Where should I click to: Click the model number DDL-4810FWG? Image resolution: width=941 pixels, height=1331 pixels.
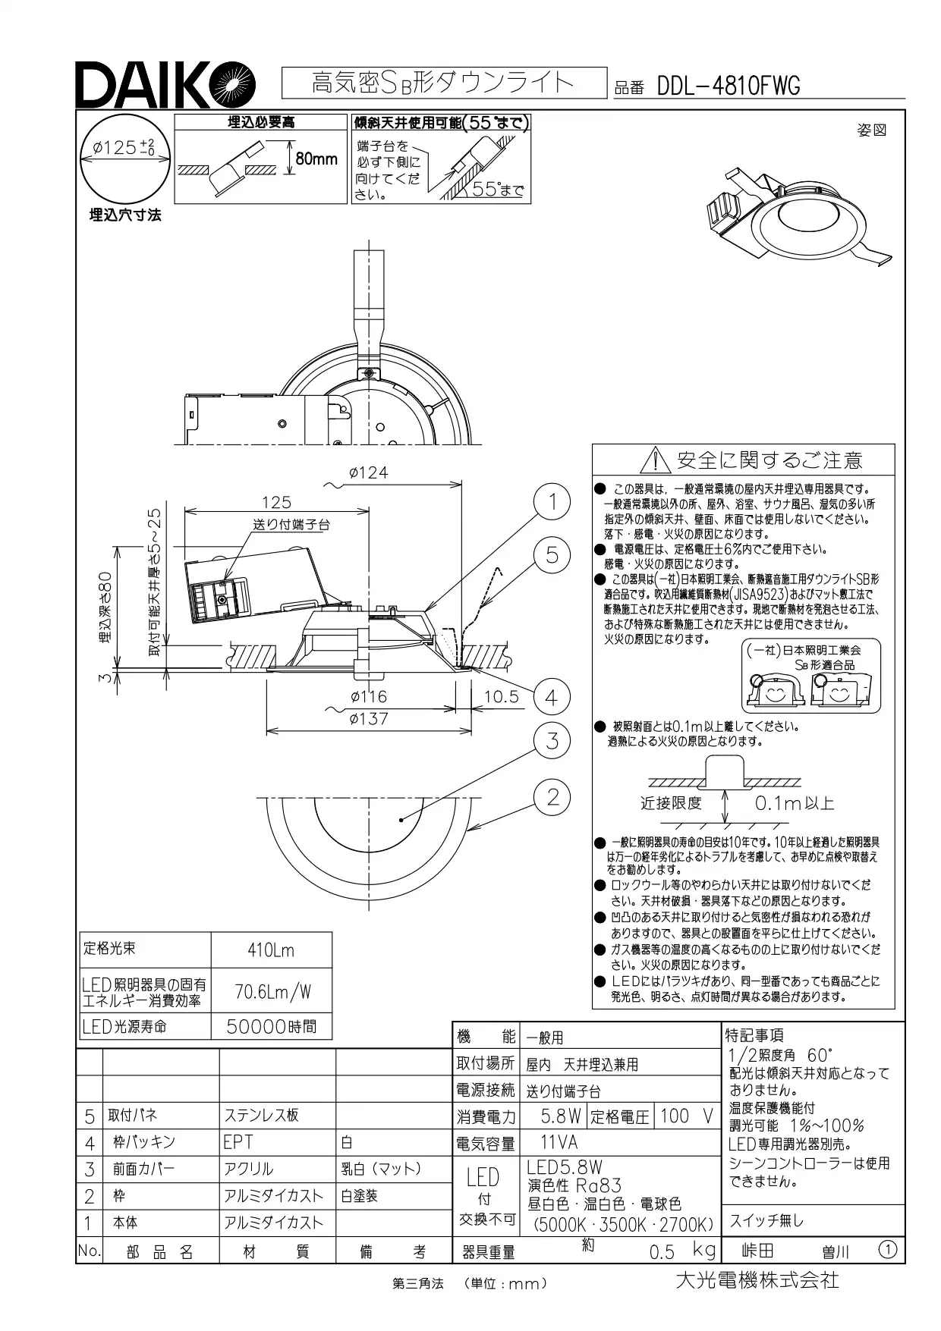coord(728,86)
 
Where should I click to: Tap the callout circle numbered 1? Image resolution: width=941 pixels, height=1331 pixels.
coord(552,501)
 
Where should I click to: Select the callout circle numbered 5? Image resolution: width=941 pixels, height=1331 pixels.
coord(552,555)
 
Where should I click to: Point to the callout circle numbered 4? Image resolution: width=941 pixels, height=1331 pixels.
coord(552,697)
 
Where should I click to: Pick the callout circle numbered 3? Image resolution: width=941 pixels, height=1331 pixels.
coord(552,740)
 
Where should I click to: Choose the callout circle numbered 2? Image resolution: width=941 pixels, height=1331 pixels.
coord(552,796)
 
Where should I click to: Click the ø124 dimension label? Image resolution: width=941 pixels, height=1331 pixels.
coord(368,472)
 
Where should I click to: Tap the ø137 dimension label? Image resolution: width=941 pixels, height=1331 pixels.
coord(368,718)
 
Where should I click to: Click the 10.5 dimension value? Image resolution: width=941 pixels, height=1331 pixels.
coord(501,696)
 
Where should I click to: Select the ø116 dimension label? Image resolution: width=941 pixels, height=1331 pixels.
coord(368,696)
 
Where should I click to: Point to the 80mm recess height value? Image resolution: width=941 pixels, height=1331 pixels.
coord(316,159)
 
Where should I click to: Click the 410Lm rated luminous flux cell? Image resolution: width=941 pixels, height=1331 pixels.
coord(271,950)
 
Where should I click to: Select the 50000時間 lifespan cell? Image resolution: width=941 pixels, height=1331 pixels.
coord(271,1027)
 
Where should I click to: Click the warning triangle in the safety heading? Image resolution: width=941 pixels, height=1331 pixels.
coord(653,460)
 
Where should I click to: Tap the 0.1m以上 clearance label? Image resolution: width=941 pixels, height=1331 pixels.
coord(794,803)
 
